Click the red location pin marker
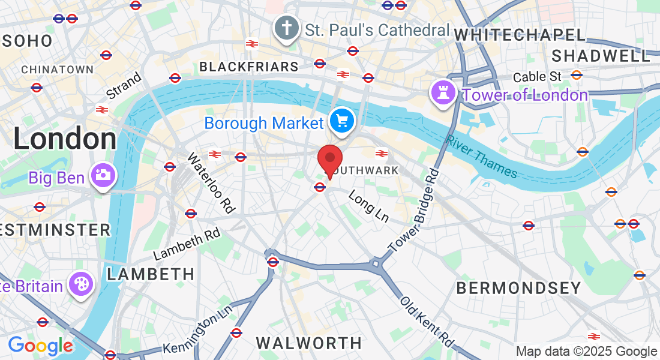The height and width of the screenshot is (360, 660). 329,160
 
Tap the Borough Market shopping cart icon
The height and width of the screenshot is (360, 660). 342,122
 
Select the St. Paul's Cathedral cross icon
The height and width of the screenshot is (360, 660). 287,28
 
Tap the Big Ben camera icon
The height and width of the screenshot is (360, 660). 103,176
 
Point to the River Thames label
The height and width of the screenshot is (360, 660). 481,155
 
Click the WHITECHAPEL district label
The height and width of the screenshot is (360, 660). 519,35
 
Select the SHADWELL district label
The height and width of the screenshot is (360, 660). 601,56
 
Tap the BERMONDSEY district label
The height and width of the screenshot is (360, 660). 518,288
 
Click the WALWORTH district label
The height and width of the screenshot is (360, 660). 309,343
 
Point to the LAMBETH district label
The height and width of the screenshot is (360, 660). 151,275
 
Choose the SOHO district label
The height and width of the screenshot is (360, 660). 27,41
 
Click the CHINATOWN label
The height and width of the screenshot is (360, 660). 58,70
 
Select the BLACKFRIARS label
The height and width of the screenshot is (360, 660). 248,67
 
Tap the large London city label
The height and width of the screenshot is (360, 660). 65,139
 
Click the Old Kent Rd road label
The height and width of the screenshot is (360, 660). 427,321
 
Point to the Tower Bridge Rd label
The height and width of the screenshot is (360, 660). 414,211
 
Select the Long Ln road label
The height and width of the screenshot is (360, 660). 368,206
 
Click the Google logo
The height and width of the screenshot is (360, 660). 40,346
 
